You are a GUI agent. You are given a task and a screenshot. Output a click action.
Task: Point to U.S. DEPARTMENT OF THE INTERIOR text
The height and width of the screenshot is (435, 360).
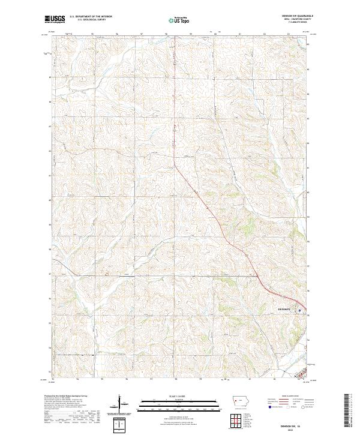click(x=91, y=17)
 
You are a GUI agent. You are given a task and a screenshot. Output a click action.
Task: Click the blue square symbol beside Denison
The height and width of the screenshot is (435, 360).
click(x=299, y=310)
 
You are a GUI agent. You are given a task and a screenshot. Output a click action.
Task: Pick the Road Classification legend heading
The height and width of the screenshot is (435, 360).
click(x=287, y=397)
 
